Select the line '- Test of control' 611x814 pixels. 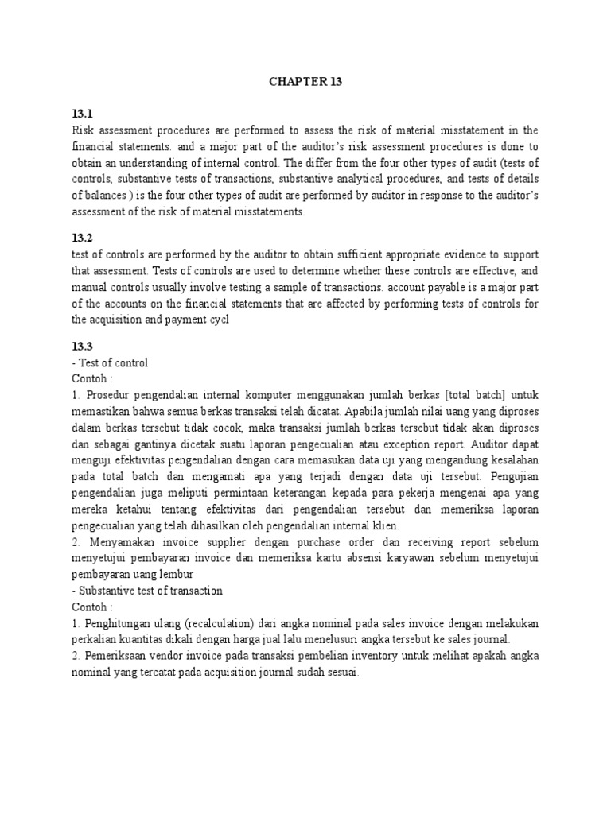coord(110,362)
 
